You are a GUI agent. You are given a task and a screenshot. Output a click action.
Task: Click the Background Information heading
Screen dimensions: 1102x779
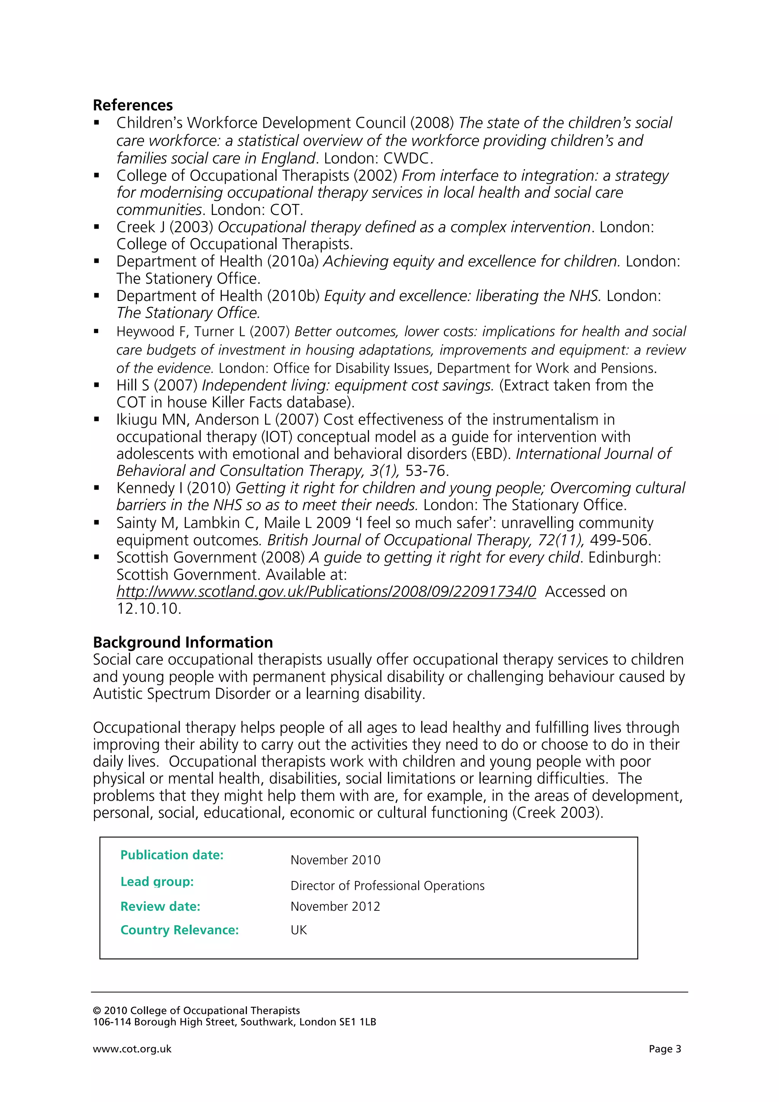[x=183, y=642]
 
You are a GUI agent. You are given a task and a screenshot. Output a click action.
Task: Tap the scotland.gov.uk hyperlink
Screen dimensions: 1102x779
[x=326, y=592]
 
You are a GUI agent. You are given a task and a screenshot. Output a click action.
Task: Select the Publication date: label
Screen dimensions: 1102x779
[x=172, y=855]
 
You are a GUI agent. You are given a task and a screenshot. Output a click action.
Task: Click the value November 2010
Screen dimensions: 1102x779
[x=335, y=860]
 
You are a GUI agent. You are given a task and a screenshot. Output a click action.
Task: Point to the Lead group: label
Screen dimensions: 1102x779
[x=157, y=882]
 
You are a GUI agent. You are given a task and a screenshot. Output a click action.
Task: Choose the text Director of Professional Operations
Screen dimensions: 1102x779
[x=387, y=886]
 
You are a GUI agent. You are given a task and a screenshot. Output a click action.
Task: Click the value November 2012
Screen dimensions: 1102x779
[x=335, y=906]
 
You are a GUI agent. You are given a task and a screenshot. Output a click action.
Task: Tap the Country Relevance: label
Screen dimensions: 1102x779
[x=180, y=930]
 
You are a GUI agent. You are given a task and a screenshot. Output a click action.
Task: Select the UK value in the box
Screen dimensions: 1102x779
[x=299, y=930]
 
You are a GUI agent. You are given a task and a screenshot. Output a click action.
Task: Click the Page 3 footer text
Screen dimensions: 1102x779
[x=665, y=1049]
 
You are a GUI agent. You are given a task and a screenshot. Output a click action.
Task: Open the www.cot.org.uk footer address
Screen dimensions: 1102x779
[x=132, y=1049]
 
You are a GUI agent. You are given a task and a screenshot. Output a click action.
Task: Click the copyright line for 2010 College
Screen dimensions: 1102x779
[x=196, y=1011]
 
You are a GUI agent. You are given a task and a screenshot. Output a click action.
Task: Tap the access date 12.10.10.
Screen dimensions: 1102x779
[x=148, y=609]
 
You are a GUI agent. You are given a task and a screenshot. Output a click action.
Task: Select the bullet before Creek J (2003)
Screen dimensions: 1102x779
[x=97, y=227]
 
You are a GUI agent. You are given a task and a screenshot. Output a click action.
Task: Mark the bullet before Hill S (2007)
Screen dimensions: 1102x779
[x=97, y=385]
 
